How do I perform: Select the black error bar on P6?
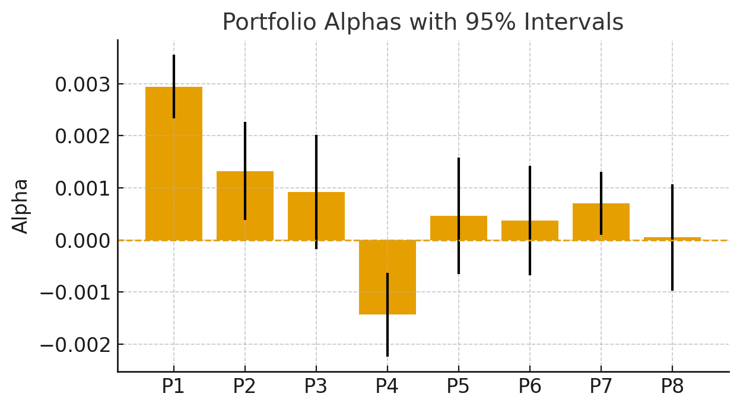click(x=530, y=190)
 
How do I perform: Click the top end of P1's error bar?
click(x=174, y=55)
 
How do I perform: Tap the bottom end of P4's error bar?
click(x=388, y=355)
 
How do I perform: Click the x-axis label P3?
click(x=316, y=387)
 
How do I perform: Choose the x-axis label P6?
click(x=529, y=387)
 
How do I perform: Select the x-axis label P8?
click(x=672, y=387)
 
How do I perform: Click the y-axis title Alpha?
click(x=21, y=206)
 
